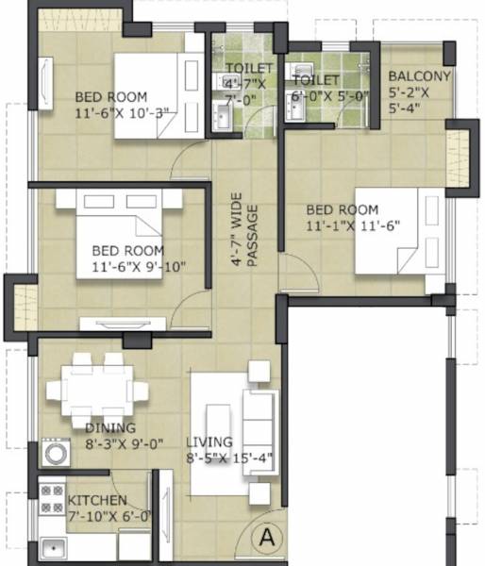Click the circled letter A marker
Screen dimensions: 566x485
tap(266, 538)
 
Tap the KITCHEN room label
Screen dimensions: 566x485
tap(96, 500)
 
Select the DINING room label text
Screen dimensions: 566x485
tap(110, 427)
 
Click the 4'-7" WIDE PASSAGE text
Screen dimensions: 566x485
tap(244, 231)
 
